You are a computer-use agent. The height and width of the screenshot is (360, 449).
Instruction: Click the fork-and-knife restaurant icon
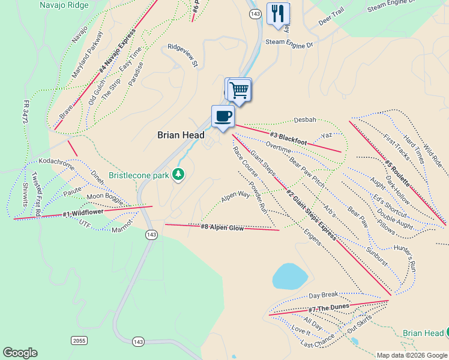(x=277, y=13)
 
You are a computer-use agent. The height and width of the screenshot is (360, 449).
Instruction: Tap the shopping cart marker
(x=240, y=90)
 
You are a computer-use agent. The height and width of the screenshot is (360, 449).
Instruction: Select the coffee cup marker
(x=223, y=116)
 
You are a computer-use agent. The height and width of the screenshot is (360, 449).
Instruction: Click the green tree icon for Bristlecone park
(x=178, y=175)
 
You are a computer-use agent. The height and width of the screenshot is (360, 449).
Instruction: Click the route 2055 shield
(x=79, y=341)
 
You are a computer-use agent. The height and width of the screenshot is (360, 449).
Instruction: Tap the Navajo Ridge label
(x=64, y=5)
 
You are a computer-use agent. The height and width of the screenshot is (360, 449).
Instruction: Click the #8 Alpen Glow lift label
(x=222, y=227)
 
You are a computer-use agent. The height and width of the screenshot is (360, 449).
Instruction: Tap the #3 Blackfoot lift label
(x=288, y=138)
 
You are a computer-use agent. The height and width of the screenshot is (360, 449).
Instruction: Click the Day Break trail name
(x=324, y=295)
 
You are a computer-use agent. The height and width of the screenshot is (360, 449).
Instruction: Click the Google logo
(x=20, y=352)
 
